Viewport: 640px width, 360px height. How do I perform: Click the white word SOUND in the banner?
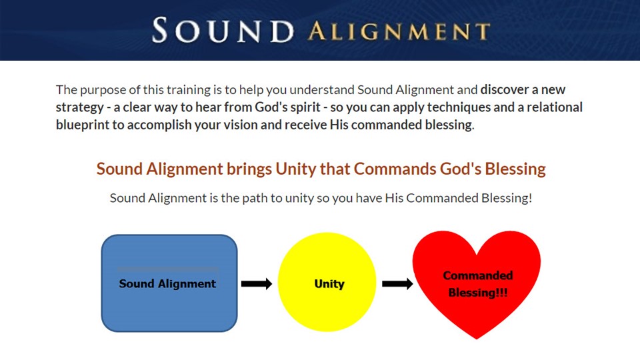tap(223, 30)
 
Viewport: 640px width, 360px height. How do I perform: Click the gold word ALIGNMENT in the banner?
tap(399, 32)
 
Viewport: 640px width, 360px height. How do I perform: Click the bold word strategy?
tap(80, 108)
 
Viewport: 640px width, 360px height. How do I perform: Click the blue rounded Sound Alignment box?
tap(169, 283)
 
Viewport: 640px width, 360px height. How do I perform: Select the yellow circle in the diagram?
tap(327, 282)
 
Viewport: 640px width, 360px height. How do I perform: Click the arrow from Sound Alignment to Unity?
tap(256, 284)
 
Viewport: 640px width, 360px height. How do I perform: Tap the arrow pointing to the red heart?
tap(397, 284)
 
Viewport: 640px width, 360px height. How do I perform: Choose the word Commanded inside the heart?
tap(478, 275)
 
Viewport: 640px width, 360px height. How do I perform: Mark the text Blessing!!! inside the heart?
tap(478, 293)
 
